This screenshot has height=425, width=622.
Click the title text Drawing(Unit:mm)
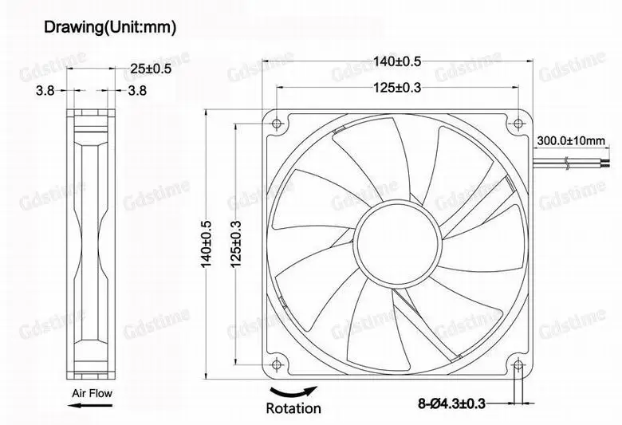109,28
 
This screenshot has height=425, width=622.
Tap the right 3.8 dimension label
137,91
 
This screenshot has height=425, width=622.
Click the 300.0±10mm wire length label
572,140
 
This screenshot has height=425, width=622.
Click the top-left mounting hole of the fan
277,123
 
